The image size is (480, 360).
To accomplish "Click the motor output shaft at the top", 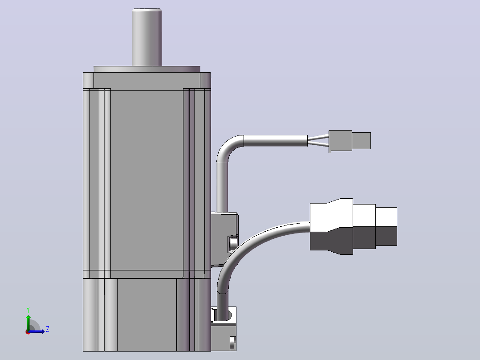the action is click(146, 37).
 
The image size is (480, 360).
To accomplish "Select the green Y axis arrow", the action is click(28, 322).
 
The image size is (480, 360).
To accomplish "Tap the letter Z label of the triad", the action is click(48, 329).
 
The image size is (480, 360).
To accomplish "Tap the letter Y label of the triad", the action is click(28, 310).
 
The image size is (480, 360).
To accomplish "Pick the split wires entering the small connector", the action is click(318, 141).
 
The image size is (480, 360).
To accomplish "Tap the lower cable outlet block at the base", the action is click(224, 329).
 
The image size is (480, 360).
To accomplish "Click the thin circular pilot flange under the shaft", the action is click(147, 69).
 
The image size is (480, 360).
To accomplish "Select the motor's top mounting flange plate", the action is click(146, 81).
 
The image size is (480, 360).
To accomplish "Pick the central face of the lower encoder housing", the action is click(147, 315).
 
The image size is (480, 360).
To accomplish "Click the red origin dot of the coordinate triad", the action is click(28, 332).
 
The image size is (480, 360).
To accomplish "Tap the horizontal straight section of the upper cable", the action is click(276, 141).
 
